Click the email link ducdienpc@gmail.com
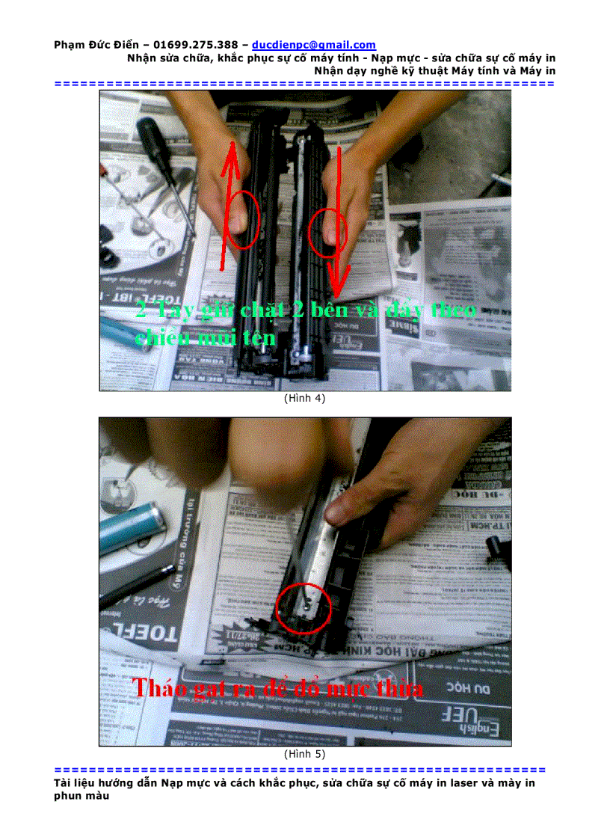tap(314, 45)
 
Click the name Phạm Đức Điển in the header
tap(96, 45)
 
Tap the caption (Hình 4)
tap(304, 399)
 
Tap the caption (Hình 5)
tap(304, 753)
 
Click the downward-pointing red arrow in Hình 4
tap(339, 224)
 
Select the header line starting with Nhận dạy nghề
tap(434, 70)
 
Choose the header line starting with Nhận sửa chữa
tap(341, 58)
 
